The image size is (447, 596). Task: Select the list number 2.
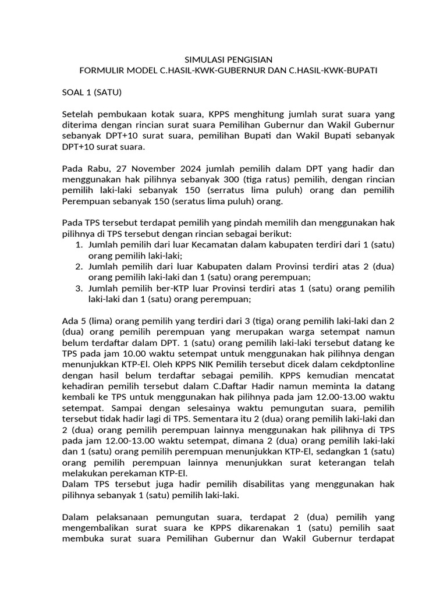coord(79,267)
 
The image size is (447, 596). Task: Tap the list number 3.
coord(79,289)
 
